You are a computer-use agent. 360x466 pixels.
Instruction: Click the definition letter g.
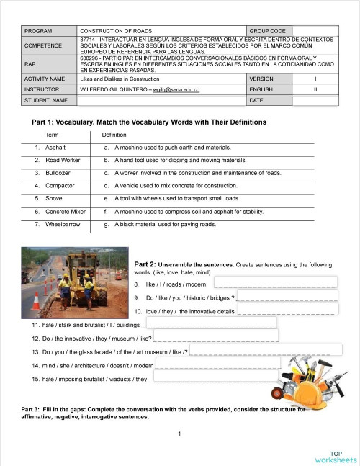click(x=107, y=224)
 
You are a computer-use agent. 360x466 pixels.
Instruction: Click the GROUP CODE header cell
click(x=267, y=32)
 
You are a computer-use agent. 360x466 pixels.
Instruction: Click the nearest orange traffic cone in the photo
click(x=35, y=300)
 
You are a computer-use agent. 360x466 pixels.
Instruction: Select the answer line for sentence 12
click(x=215, y=339)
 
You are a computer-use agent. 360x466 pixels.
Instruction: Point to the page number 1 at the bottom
click(x=179, y=433)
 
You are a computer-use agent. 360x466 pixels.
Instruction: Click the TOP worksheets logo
click(x=336, y=456)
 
